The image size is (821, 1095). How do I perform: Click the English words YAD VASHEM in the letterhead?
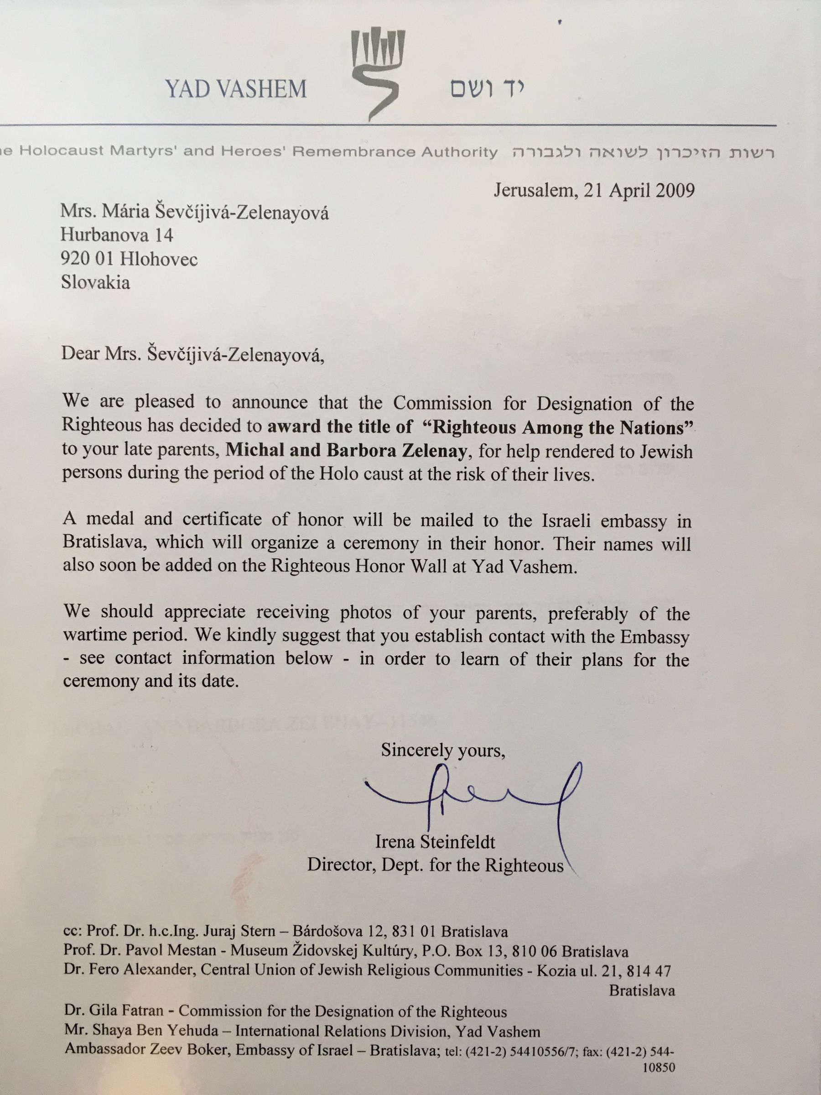click(236, 89)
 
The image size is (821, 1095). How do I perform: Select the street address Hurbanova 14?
click(117, 235)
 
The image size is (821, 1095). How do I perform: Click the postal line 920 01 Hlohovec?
click(129, 259)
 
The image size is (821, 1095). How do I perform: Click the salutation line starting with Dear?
click(193, 355)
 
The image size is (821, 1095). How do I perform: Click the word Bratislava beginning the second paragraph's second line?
click(105, 542)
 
